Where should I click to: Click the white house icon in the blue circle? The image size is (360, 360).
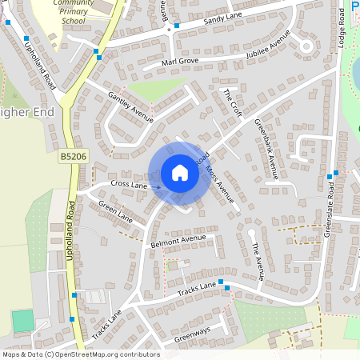pyautogui.click(x=180, y=173)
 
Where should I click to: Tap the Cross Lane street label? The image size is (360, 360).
pyautogui.click(x=129, y=185)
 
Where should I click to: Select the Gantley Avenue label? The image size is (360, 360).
pyautogui.click(x=130, y=107)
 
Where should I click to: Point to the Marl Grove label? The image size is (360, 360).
pyautogui.click(x=179, y=61)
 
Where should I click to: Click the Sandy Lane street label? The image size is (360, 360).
pyautogui.click(x=222, y=19)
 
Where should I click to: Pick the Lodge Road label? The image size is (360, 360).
pyautogui.click(x=340, y=28)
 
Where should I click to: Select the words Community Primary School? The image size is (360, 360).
pyautogui.click(x=73, y=12)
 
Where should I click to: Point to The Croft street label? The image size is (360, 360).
pyautogui.click(x=232, y=102)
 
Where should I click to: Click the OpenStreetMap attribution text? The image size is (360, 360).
pyautogui.click(x=80, y=354)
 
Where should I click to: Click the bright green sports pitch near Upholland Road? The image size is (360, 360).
pyautogui.click(x=22, y=321)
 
